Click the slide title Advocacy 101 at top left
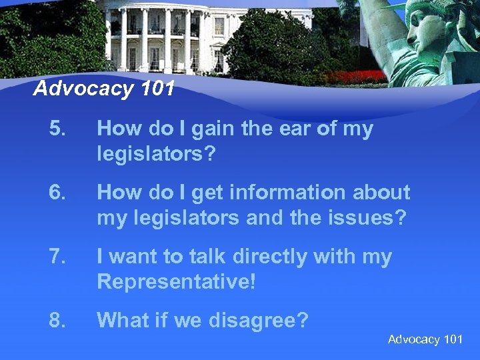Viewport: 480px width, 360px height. [103, 88]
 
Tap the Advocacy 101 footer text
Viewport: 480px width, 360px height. [425, 339]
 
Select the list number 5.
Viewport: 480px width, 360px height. [58, 129]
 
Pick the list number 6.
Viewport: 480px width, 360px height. [58, 193]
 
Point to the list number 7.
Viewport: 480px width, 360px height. [58, 257]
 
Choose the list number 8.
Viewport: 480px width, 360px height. [58, 321]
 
